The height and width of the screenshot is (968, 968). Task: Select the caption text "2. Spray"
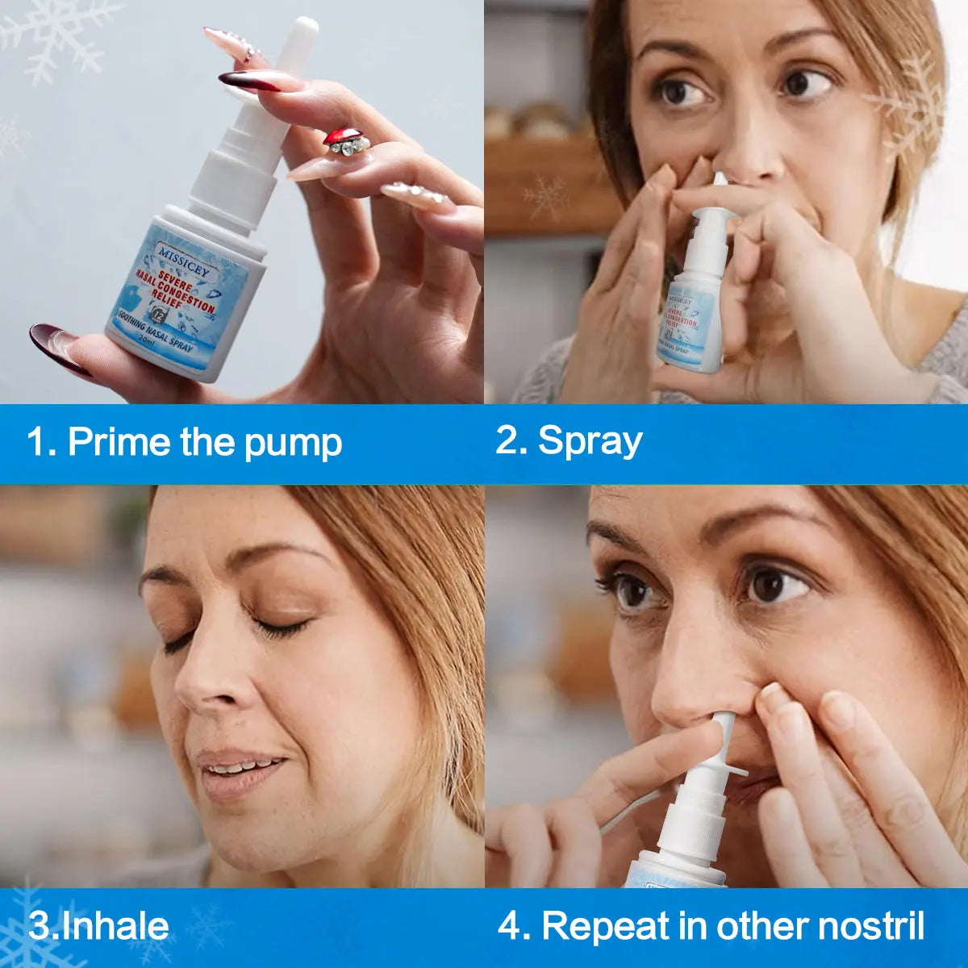pos(569,441)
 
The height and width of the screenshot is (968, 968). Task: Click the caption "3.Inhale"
pos(98,926)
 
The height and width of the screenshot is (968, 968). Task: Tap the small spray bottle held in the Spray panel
pos(694,315)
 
